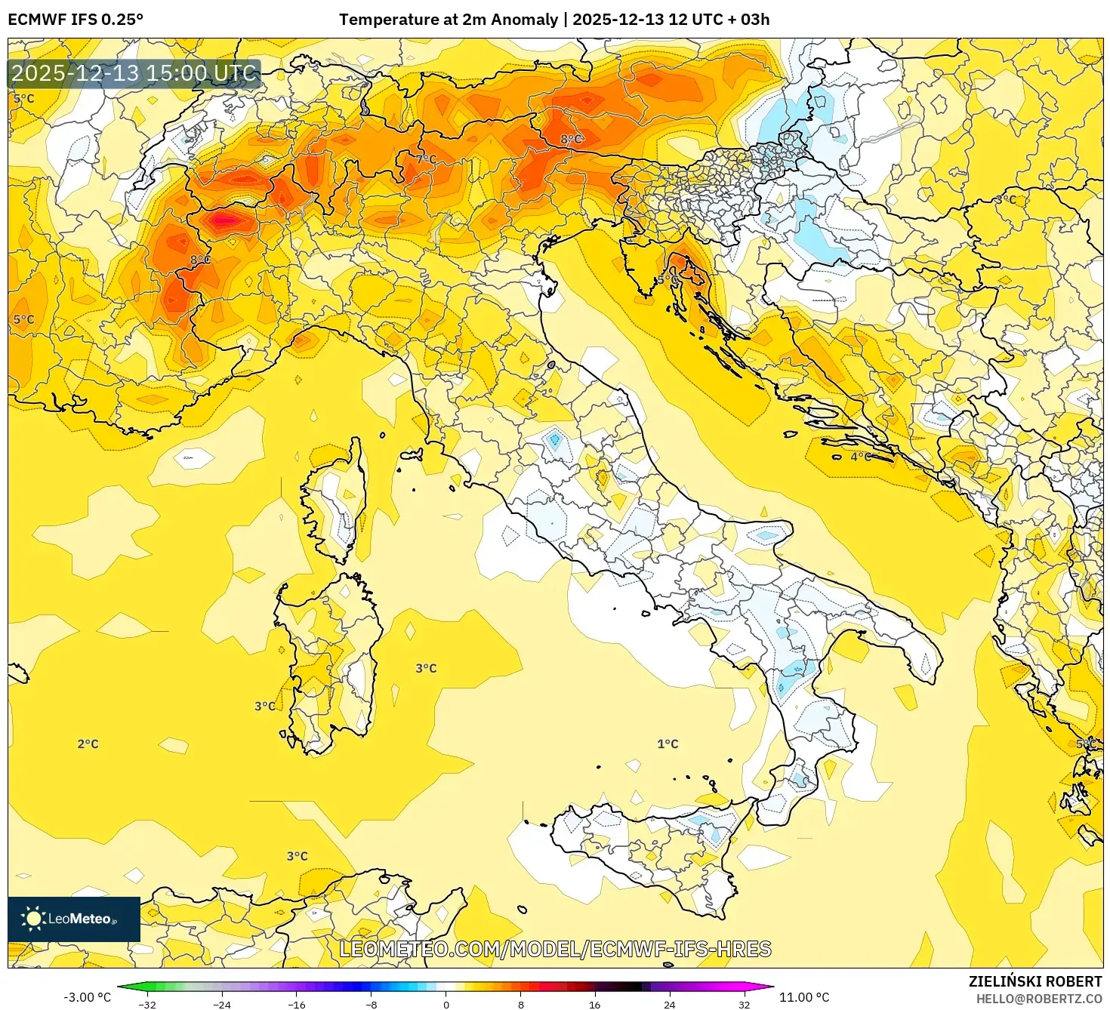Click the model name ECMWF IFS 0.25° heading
[x=76, y=20]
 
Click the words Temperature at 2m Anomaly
[x=448, y=20]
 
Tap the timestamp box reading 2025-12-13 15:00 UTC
[x=134, y=73]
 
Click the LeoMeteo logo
[x=74, y=919]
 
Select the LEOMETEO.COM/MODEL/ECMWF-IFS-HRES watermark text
[x=555, y=949]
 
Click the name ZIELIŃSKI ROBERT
[x=1035, y=981]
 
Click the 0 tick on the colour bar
[x=446, y=1004]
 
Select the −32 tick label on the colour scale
[x=147, y=1004]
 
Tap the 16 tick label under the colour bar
[x=595, y=1004]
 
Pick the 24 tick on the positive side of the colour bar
[x=670, y=1004]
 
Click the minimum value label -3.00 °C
[x=87, y=997]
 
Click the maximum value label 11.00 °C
[x=804, y=997]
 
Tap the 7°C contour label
[x=426, y=159]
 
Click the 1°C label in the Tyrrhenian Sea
[x=668, y=744]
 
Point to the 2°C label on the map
[x=88, y=744]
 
